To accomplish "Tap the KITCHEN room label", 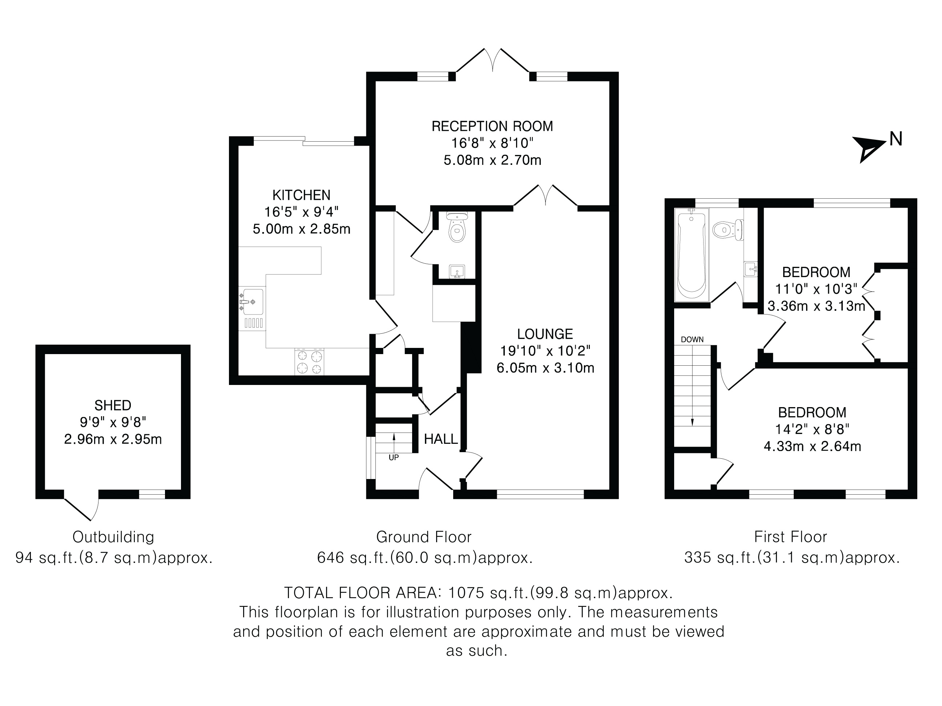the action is [x=301, y=195].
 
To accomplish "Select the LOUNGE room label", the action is [x=545, y=334].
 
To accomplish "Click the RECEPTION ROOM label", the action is [x=492, y=126].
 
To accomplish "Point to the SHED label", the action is [x=113, y=405].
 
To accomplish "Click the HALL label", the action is [x=441, y=439].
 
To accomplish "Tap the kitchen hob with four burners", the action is [x=309, y=362].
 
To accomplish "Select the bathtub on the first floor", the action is [x=692, y=255].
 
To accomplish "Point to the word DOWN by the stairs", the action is [x=692, y=340].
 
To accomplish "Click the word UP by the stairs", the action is [x=394, y=458].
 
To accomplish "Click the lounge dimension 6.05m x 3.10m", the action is [x=545, y=368].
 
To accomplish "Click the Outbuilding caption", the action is [x=113, y=537].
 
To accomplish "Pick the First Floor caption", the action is [x=790, y=537].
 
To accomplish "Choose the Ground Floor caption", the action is [x=424, y=537].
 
